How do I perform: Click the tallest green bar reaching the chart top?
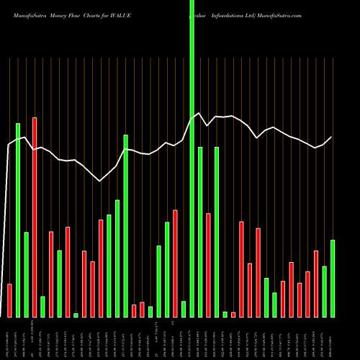[x=192, y=158]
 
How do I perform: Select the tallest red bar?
[x=34, y=217]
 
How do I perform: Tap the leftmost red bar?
[x=9, y=300]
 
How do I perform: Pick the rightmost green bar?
[x=333, y=278]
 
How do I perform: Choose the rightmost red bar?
[x=316, y=284]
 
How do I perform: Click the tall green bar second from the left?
[x=17, y=220]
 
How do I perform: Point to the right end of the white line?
[x=332, y=137]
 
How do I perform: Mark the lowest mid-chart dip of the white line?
[x=101, y=181]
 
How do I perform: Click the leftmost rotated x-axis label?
[x=9, y=338]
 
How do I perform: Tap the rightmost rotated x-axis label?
[x=333, y=338]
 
